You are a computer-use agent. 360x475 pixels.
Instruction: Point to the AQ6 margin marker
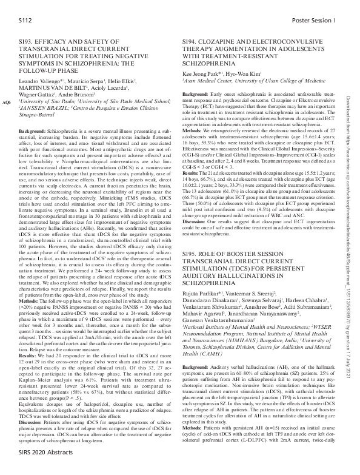pos(7,103)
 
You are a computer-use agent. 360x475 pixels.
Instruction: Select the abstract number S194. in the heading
pos(193,38)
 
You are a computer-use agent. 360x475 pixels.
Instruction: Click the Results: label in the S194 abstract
pos(193,155)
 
